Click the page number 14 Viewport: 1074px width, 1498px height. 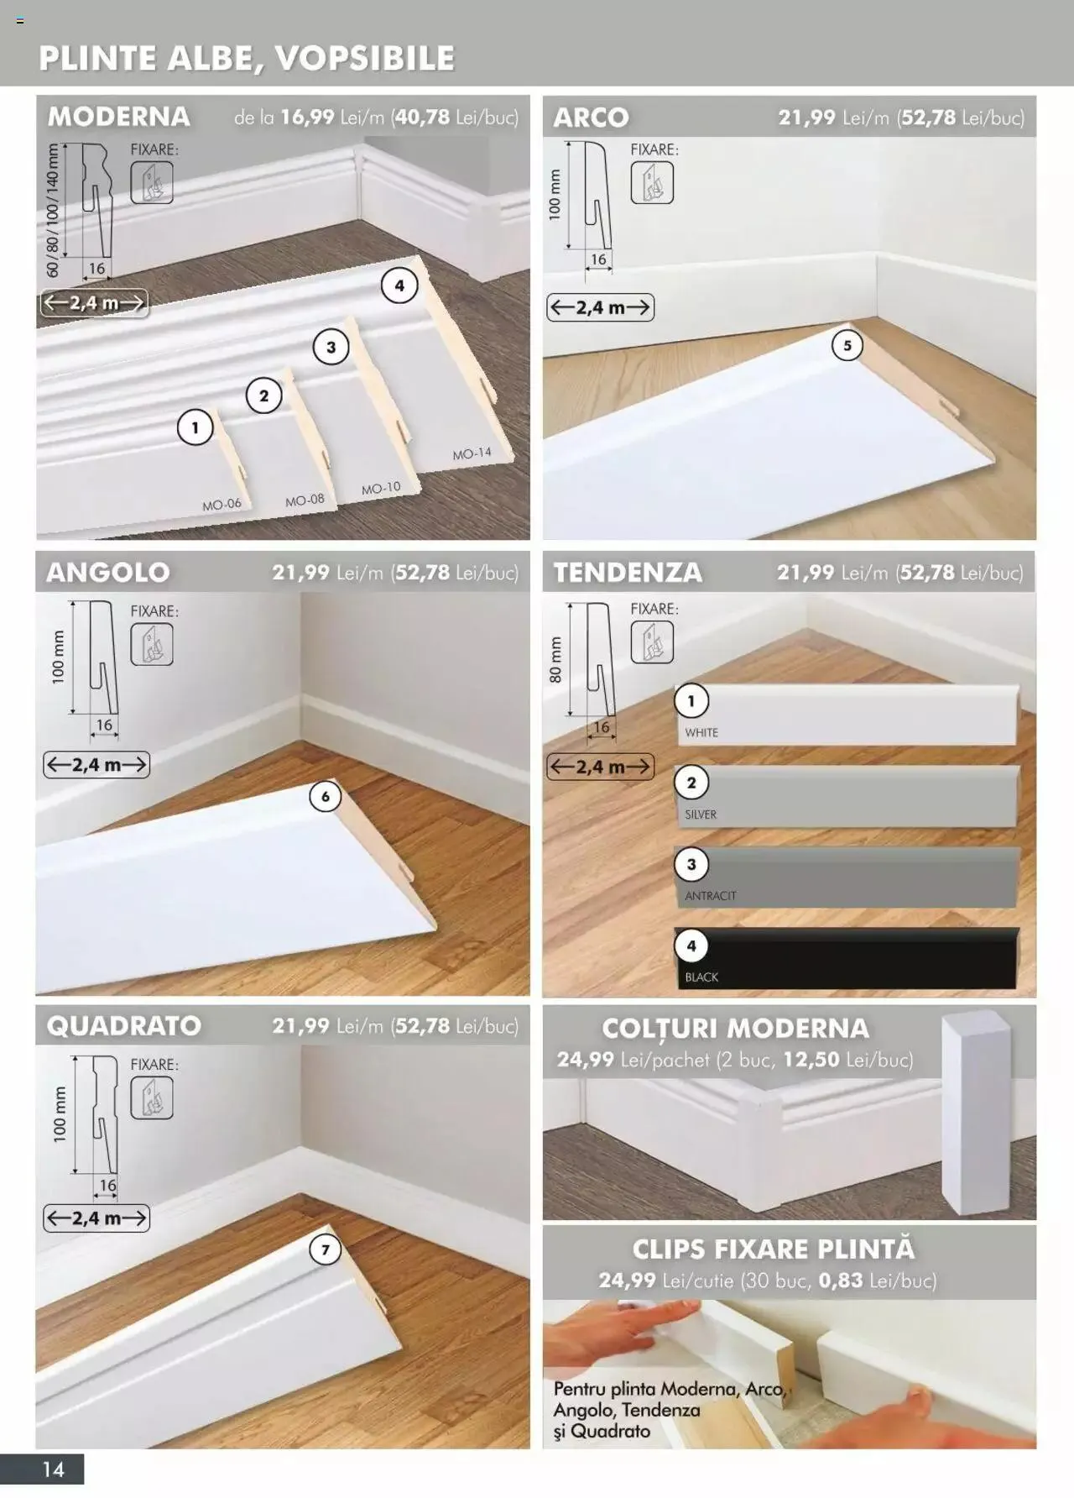coord(53,1469)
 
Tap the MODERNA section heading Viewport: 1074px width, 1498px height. coord(118,116)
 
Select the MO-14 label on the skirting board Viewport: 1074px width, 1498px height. coord(472,453)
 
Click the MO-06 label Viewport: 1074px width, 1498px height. coord(222,505)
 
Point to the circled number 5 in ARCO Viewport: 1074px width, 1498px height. coord(847,345)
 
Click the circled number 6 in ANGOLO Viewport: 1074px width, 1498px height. coord(326,796)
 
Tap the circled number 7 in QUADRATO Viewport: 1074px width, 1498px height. coord(326,1250)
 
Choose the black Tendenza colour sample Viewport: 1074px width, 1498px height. coord(847,958)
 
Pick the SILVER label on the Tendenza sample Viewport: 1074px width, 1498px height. coord(701,814)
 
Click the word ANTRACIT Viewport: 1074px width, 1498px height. coord(710,896)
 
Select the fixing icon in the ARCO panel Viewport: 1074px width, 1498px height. coord(652,182)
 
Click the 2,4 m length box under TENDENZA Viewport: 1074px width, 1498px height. coord(600,767)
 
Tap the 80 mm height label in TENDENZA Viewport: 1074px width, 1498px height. coord(555,659)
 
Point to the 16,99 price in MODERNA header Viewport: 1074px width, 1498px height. coord(307,117)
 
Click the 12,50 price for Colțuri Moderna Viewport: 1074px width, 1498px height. coord(811,1060)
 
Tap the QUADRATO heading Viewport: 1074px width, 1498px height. coord(123,1025)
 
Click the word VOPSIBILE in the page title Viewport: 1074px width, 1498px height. coord(364,58)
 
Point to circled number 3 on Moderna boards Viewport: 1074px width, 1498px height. coord(331,347)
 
